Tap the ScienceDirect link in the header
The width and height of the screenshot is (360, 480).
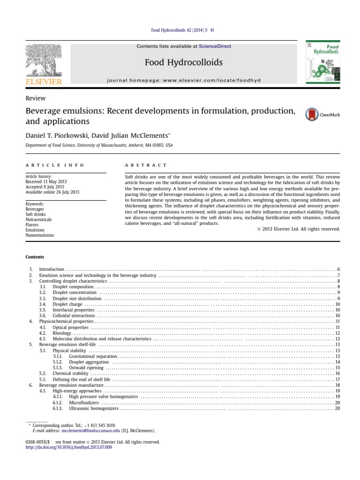215,46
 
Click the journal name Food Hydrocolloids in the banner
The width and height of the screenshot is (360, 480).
183,62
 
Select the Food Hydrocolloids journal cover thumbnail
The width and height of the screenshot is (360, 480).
322,62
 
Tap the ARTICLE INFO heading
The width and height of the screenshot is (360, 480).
55,165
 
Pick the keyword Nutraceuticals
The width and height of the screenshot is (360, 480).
38,219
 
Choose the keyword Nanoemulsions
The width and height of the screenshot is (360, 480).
39,235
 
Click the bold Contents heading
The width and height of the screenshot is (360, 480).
35,257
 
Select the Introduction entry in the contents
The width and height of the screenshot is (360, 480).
51,270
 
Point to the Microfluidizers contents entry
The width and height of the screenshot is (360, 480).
84,403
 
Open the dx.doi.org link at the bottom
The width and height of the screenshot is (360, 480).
69,447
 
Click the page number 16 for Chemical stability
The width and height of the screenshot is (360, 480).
337,374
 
